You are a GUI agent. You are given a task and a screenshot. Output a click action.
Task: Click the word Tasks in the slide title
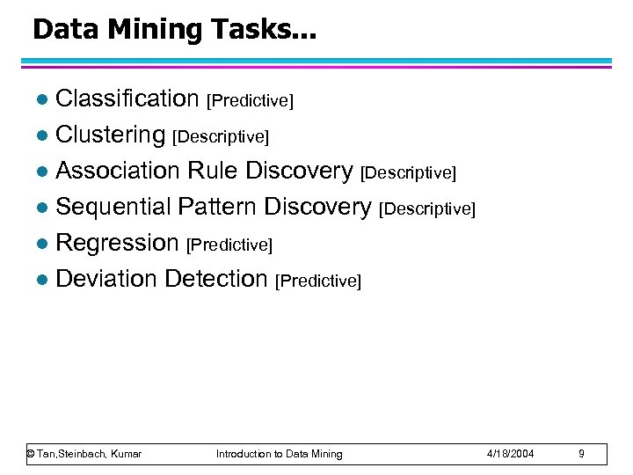[x=245, y=30]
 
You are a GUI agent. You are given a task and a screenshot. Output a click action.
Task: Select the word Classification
[x=127, y=99]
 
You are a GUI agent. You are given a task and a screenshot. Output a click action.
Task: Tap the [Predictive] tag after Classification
[x=249, y=101]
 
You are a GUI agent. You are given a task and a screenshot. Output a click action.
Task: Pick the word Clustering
[x=110, y=135]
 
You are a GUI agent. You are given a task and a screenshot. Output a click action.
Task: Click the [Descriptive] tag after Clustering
[x=221, y=137]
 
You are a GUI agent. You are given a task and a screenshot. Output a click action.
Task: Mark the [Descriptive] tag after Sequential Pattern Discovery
[x=426, y=209]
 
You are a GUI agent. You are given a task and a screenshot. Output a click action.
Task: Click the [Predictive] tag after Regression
[x=229, y=245]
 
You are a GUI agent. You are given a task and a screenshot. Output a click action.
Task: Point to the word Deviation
[x=106, y=279]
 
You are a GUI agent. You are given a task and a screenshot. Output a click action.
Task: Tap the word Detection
[x=215, y=279]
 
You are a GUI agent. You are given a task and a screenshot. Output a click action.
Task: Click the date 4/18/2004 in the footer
[x=511, y=454]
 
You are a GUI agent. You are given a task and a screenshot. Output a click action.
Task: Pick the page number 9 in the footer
[x=581, y=454]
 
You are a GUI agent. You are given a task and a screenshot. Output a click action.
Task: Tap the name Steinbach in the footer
[x=86, y=454]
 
